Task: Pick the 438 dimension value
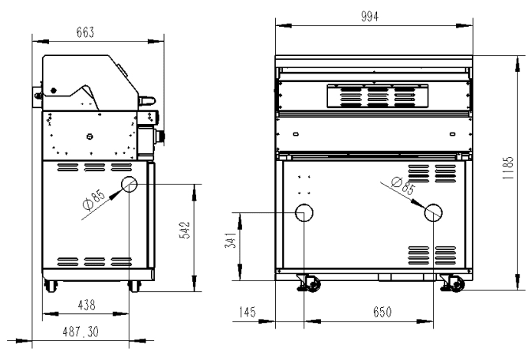click(87, 305)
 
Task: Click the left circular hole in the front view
click(305, 212)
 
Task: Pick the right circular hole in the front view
click(433, 212)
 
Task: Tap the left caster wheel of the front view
click(312, 284)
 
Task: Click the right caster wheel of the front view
click(454, 284)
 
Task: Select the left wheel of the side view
click(51, 286)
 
